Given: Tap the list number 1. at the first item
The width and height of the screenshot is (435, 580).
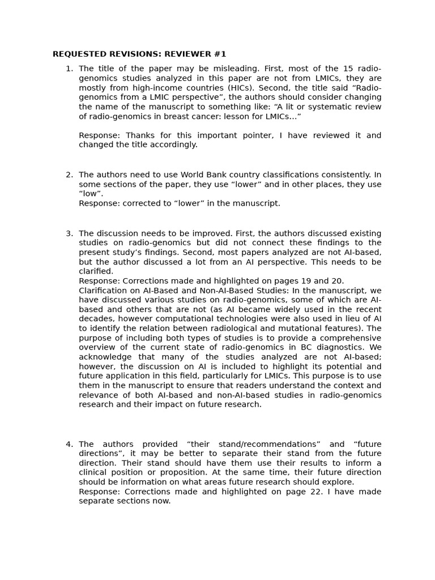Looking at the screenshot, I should point(69,69).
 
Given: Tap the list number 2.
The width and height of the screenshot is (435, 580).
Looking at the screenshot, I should point(69,175).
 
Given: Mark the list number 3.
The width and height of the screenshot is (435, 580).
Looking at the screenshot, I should point(69,233).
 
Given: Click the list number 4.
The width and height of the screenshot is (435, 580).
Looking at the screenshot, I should point(69,444).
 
